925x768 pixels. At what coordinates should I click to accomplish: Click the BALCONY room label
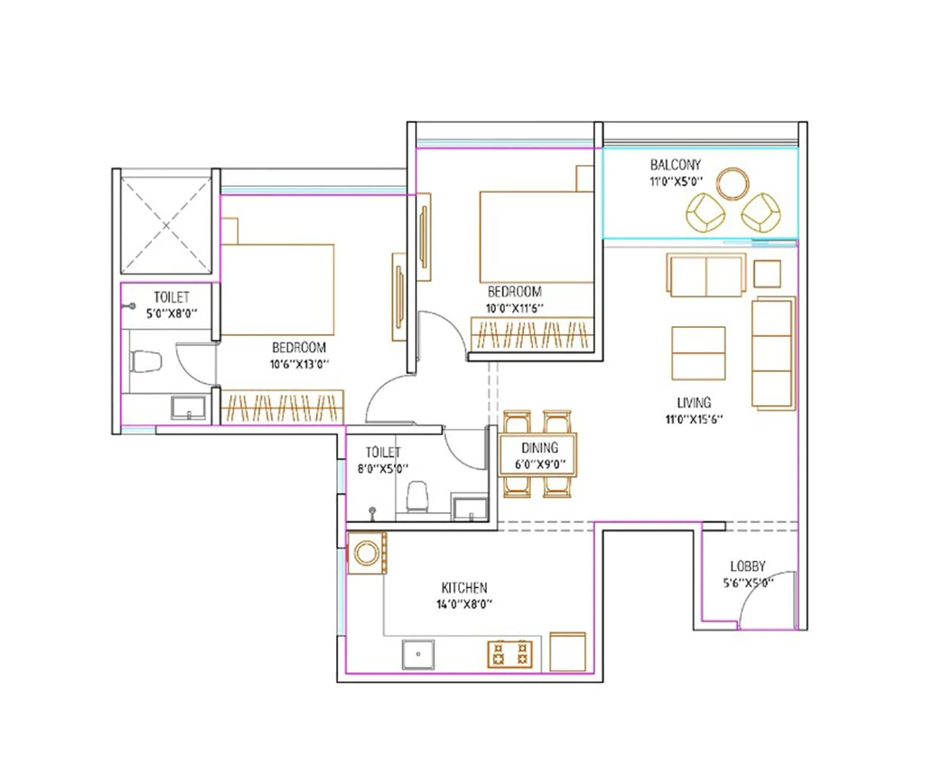(676, 164)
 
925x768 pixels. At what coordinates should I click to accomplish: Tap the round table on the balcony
(733, 184)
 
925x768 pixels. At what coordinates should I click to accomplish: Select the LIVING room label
(694, 403)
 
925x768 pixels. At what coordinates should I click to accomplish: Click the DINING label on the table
(539, 448)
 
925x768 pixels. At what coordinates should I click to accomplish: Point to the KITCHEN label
(464, 587)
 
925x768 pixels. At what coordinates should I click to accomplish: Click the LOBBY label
(748, 567)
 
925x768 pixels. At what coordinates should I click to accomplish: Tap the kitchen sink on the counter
(418, 654)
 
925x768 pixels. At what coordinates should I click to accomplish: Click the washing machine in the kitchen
(367, 553)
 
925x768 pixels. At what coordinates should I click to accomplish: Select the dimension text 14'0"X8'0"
(464, 604)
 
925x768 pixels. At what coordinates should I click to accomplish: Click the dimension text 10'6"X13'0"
(299, 364)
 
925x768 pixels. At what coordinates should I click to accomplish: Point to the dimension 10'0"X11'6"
(514, 308)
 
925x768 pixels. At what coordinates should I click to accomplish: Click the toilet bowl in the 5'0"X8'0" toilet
(145, 361)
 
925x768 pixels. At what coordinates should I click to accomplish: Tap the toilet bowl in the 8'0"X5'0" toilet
(417, 496)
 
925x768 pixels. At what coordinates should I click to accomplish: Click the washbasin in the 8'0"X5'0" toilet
(470, 507)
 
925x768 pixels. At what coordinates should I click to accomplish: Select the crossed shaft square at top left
(166, 224)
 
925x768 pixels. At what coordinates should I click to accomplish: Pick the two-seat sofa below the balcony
(706, 276)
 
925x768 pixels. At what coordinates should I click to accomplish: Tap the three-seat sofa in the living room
(773, 352)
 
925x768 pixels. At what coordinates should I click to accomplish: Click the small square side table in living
(767, 275)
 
